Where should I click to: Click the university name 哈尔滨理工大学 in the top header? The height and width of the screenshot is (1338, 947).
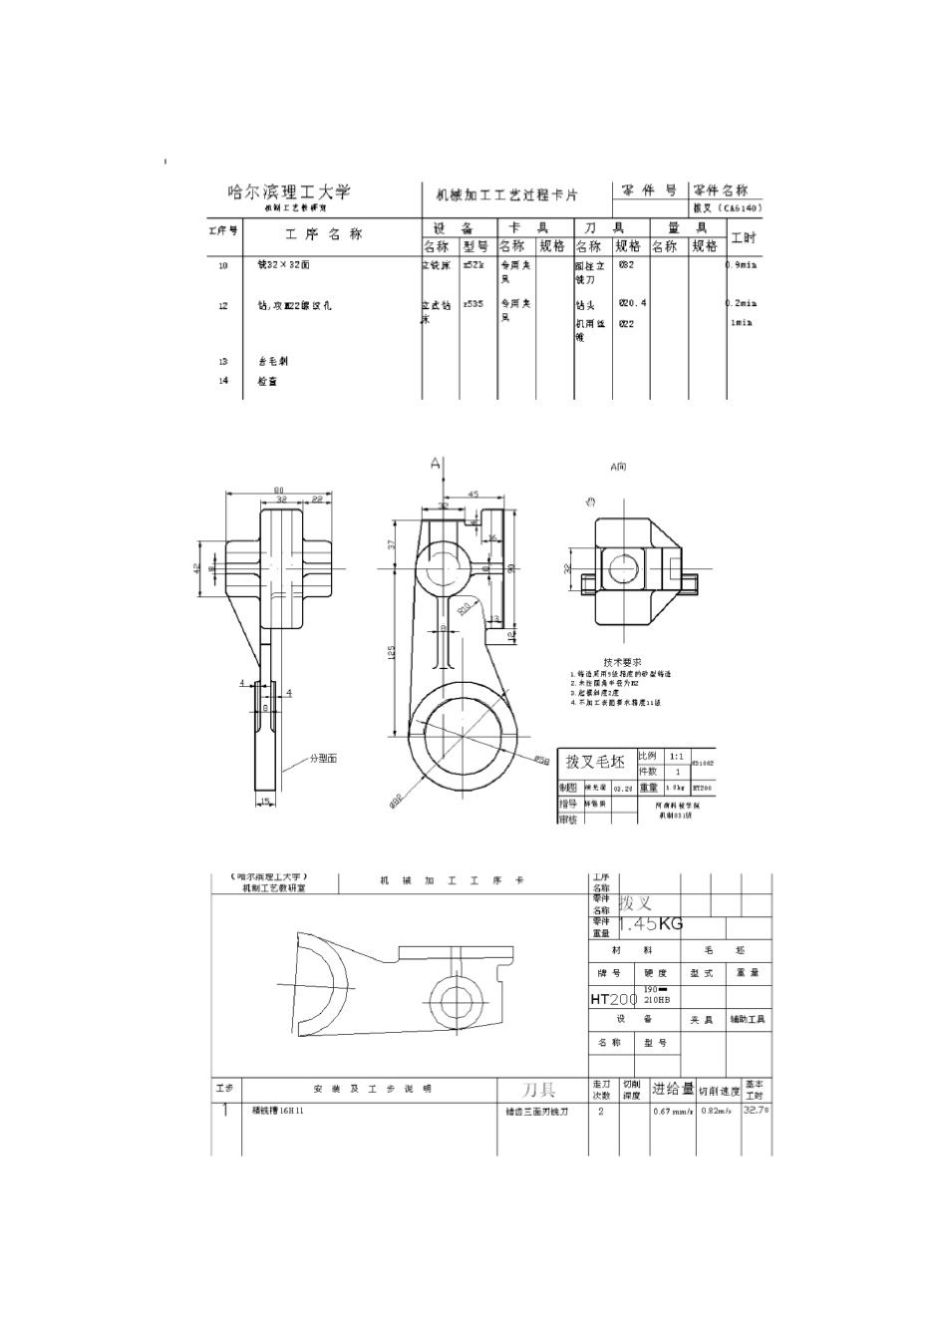tap(289, 191)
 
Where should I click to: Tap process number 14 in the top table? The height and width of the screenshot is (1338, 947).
tap(223, 381)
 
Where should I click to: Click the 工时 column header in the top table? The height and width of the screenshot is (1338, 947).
tap(744, 237)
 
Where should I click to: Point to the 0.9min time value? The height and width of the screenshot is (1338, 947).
tap(742, 265)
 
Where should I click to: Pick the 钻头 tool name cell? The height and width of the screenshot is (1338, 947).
tap(585, 306)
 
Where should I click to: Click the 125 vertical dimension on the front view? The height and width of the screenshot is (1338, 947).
tap(392, 652)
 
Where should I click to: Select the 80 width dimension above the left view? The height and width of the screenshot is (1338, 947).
tap(277, 489)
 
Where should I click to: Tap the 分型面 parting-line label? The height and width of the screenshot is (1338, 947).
tap(322, 759)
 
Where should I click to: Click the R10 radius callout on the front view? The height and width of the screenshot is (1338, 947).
tap(464, 607)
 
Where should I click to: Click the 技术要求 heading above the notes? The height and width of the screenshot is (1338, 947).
tap(622, 662)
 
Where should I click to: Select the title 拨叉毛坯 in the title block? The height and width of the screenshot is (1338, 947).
tap(595, 762)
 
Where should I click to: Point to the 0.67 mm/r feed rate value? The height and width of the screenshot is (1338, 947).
tap(672, 1111)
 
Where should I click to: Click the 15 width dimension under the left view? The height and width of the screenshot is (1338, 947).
tap(265, 801)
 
